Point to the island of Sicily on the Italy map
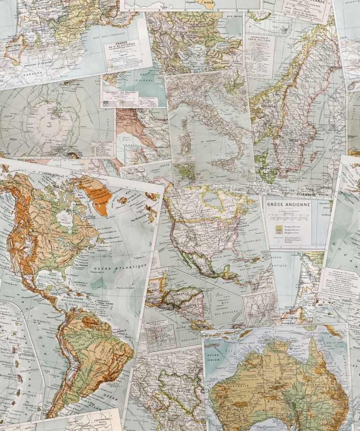click(x=230, y=167)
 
